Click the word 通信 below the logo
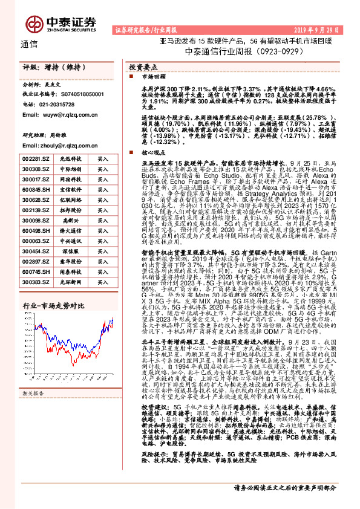29,44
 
